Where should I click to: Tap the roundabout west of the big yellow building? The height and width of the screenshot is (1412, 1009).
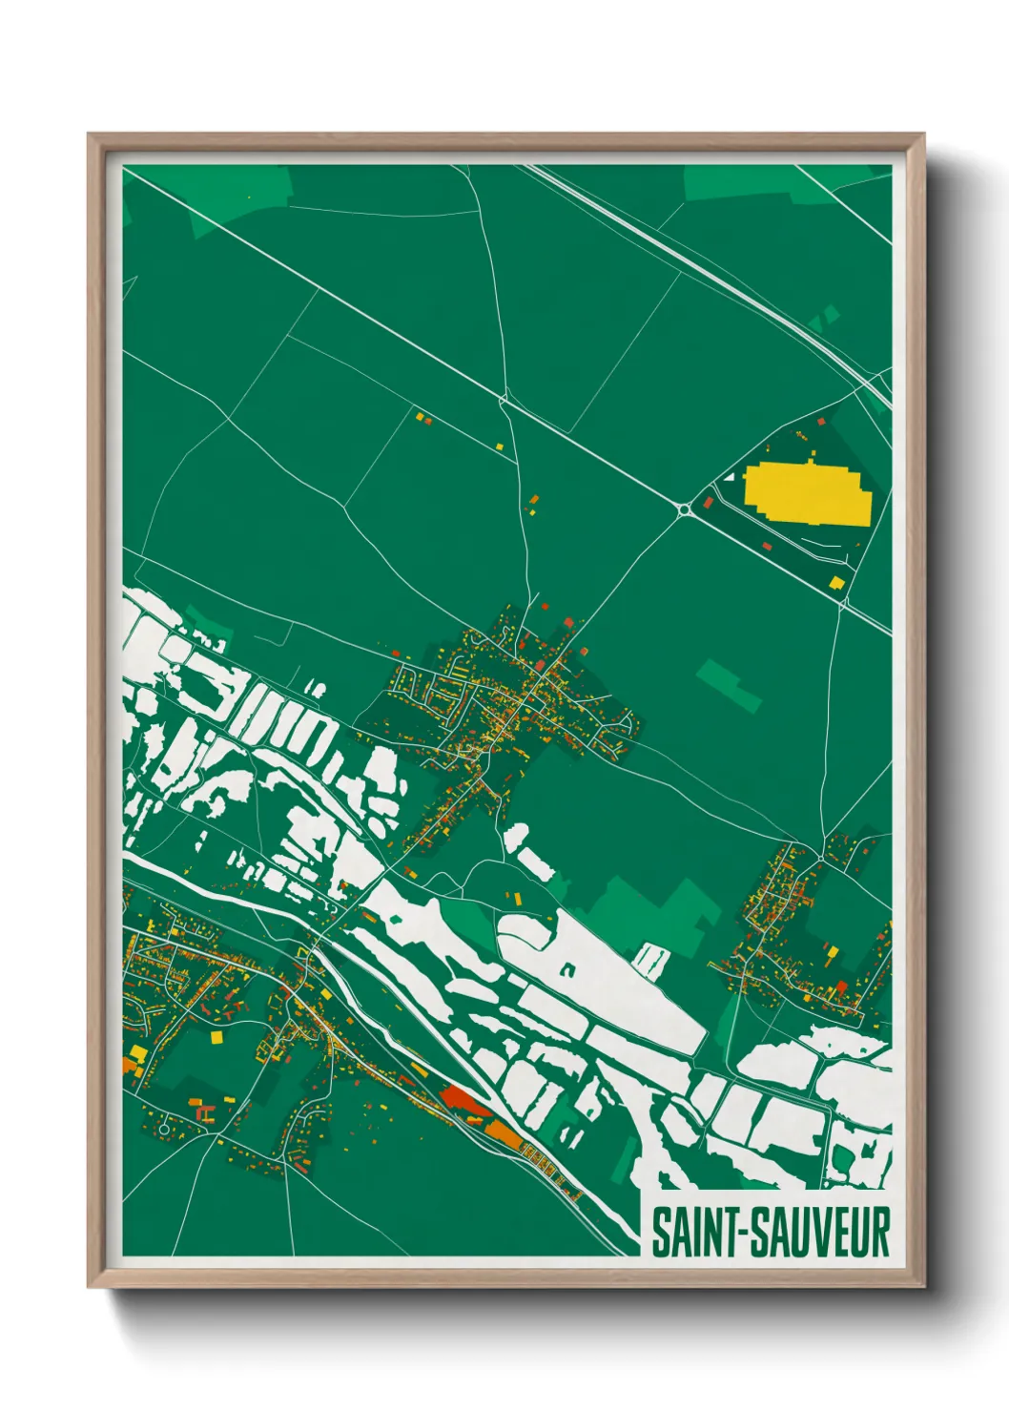(x=685, y=511)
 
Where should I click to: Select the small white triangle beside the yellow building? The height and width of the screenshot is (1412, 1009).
(x=731, y=475)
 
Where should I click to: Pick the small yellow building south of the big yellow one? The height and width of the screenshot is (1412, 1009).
(x=836, y=582)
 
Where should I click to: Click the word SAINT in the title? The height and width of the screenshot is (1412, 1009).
(x=695, y=1232)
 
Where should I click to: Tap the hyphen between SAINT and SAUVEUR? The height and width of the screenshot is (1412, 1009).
(x=741, y=1233)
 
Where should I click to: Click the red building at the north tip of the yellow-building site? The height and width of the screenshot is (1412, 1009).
(x=820, y=420)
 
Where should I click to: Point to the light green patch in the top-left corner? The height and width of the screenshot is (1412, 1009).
(x=238, y=196)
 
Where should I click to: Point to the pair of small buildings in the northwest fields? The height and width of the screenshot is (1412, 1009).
(x=423, y=418)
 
